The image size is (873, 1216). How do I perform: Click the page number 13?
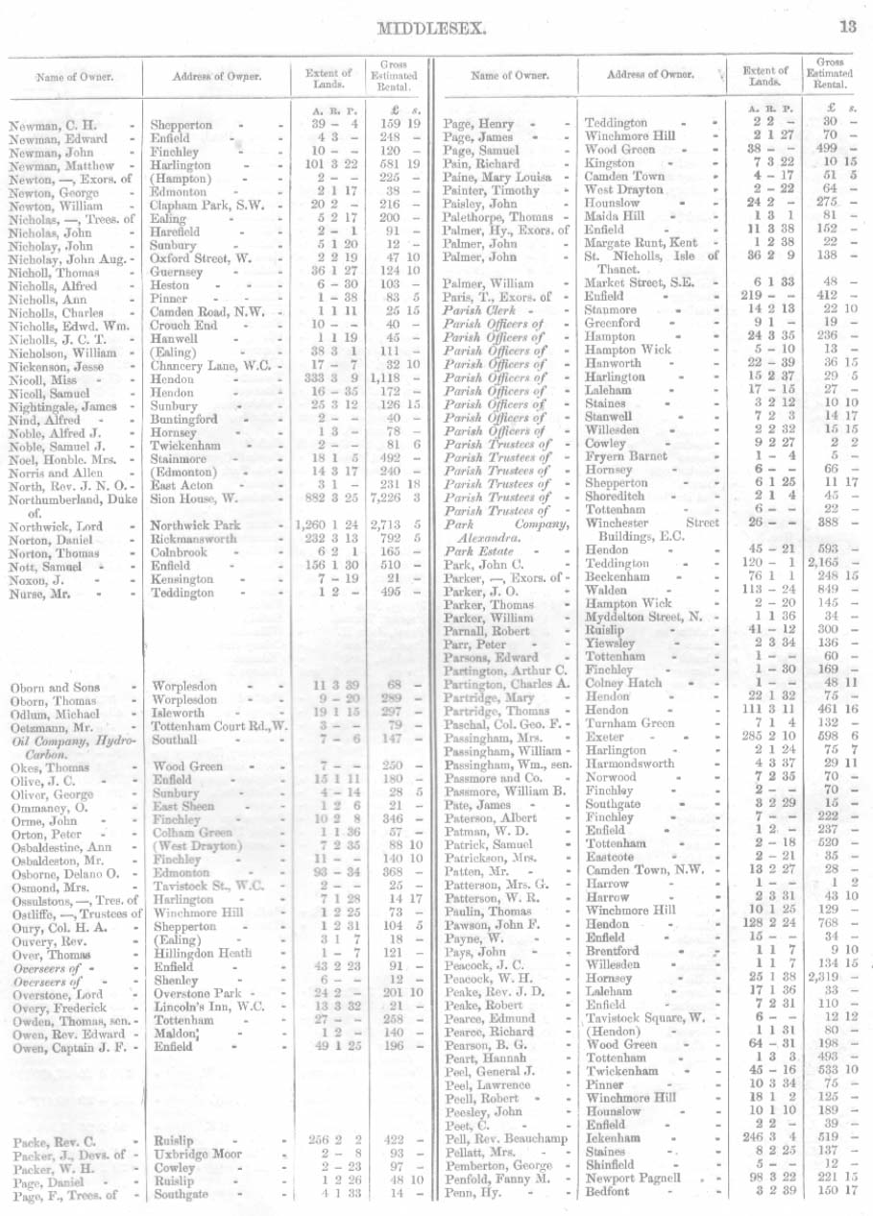pyautogui.click(x=848, y=27)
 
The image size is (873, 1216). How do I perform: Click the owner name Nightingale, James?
pyautogui.click(x=62, y=406)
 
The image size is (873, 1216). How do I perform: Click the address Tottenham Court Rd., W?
pyautogui.click(x=219, y=727)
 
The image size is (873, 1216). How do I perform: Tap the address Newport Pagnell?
pyautogui.click(x=633, y=1178)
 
